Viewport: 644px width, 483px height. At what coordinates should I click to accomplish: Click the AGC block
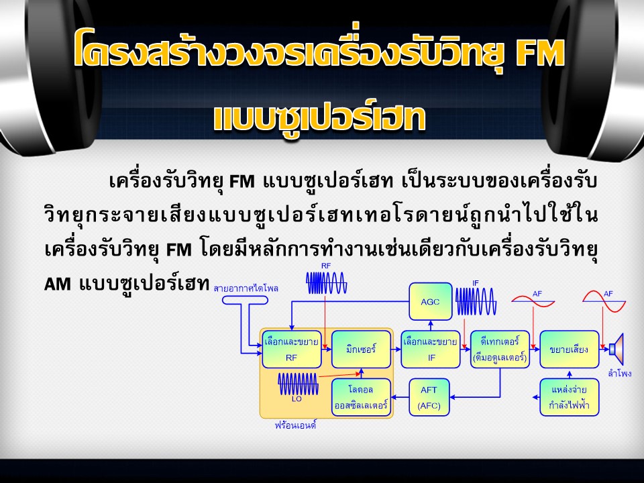click(x=431, y=301)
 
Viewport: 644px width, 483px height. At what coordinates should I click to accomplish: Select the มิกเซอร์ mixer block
click(x=361, y=349)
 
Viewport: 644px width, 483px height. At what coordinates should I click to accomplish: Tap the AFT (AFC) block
click(x=429, y=397)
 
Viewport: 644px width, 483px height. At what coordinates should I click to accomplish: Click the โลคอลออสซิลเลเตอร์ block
click(x=361, y=397)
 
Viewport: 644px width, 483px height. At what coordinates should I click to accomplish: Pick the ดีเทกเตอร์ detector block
click(x=500, y=349)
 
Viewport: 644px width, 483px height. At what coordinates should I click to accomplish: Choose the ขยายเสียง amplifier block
click(x=570, y=349)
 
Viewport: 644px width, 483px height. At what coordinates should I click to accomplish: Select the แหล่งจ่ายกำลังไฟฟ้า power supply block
click(x=570, y=397)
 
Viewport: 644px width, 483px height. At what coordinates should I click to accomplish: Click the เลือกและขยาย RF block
click(x=292, y=349)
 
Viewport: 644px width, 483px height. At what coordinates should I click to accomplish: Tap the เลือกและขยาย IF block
click(x=431, y=349)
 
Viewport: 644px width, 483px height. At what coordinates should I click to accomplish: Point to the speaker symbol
click(x=616, y=349)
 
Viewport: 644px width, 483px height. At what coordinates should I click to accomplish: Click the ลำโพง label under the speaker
click(x=620, y=374)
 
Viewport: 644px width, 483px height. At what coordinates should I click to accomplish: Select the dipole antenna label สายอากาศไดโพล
click(x=246, y=288)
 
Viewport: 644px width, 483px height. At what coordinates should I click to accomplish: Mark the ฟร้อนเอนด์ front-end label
click(x=295, y=425)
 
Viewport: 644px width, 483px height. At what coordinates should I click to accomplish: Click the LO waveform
click(x=298, y=384)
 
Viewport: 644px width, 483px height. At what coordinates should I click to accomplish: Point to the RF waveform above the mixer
click(x=327, y=283)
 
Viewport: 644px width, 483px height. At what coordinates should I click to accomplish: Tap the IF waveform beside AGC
click(x=476, y=301)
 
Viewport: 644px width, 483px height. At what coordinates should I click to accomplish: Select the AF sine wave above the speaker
click(x=604, y=301)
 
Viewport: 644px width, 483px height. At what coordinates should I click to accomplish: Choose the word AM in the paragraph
click(x=57, y=284)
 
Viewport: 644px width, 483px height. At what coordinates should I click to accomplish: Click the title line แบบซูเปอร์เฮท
click(x=319, y=118)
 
